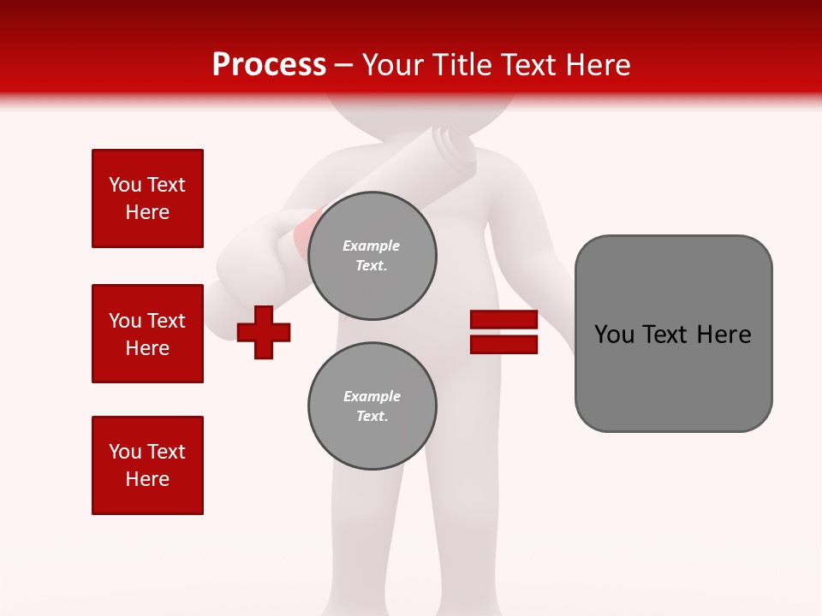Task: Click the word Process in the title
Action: tap(269, 65)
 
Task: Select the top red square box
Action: tap(147, 198)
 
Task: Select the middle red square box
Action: tap(147, 334)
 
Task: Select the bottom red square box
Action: tap(147, 465)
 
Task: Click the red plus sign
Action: tap(264, 332)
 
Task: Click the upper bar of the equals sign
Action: tap(503, 320)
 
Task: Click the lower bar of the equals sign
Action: tap(503, 345)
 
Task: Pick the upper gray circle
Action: tap(372, 256)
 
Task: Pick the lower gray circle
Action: tap(372, 406)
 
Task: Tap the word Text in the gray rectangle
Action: tap(666, 335)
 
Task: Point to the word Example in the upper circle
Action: tap(372, 246)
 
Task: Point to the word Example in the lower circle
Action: tap(372, 397)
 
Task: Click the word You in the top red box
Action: tap(124, 185)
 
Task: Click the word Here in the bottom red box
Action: tap(147, 479)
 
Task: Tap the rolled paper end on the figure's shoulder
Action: tap(454, 145)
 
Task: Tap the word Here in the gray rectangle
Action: tap(724, 335)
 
